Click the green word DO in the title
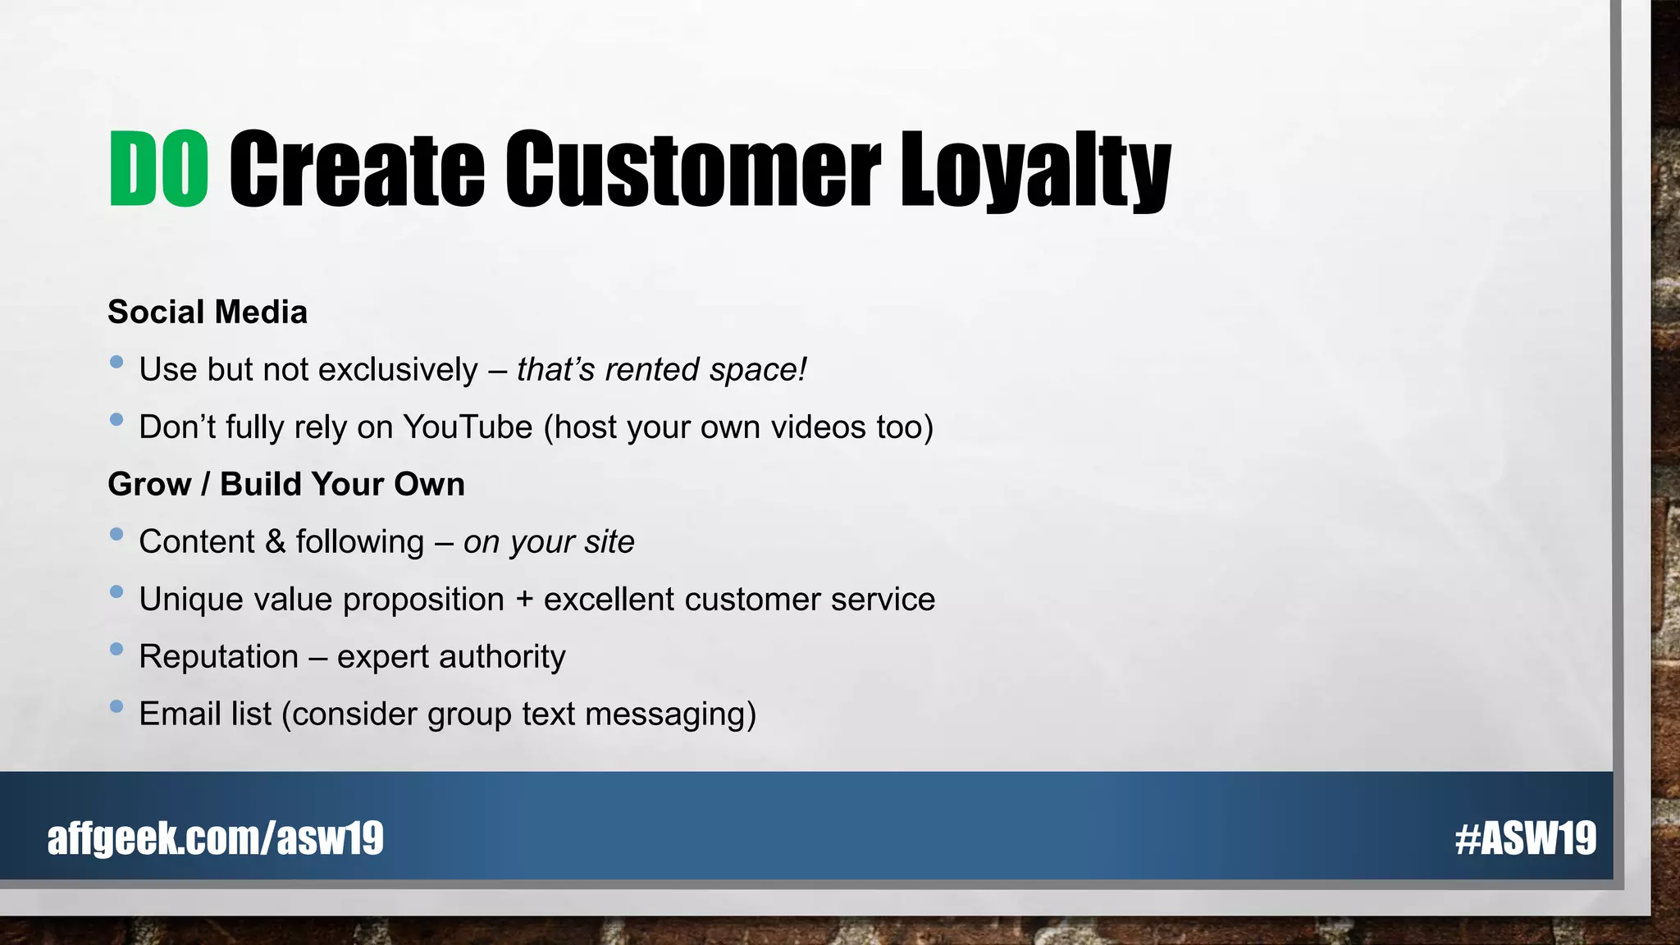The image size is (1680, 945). coord(159,169)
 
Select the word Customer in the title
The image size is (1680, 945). coord(692,169)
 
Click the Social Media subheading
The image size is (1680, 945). coord(208,313)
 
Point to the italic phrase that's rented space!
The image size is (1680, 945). coord(661,370)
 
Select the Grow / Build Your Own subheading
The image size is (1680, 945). coord(286,485)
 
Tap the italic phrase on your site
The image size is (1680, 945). coord(548,542)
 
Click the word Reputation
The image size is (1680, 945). coord(219,657)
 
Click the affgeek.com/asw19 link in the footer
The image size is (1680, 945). coord(216,838)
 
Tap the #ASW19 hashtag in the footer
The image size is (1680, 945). coord(1525,838)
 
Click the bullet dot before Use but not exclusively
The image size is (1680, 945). coord(116,362)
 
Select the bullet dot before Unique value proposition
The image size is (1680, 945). coord(116,591)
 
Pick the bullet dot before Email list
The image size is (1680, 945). coord(116,706)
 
